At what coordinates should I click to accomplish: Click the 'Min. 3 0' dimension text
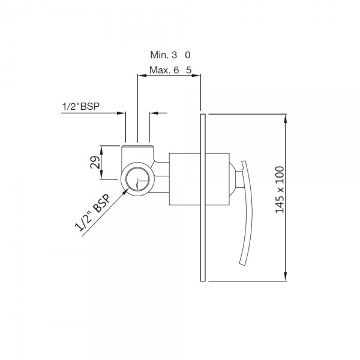coord(170,55)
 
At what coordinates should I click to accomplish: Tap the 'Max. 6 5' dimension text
coord(170,70)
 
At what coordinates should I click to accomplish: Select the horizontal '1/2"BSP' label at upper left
coord(81,106)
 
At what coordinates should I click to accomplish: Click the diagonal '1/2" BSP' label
coord(92,212)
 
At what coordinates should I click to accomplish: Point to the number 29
coord(95,162)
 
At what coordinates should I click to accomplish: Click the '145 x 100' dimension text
coord(280,190)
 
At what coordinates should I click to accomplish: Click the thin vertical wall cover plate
coord(203,197)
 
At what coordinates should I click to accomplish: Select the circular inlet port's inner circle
coord(137,179)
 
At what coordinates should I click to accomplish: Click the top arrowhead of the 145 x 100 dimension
coord(286,118)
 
